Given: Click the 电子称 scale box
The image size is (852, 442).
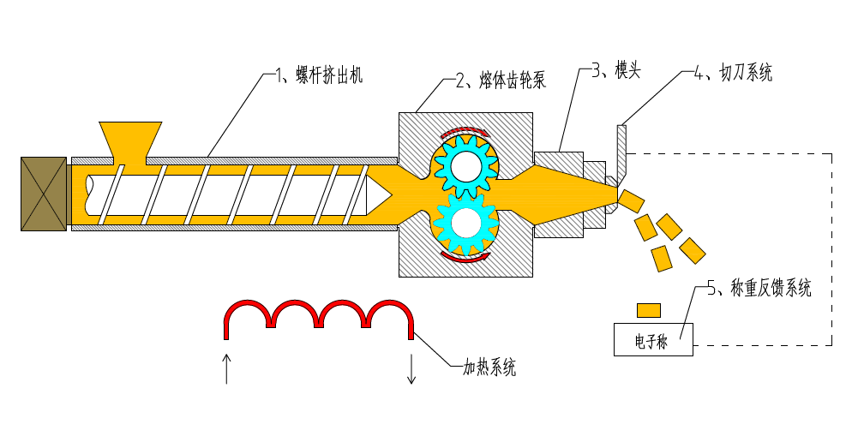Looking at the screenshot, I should point(653,340).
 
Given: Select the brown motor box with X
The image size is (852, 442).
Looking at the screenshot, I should point(43,194).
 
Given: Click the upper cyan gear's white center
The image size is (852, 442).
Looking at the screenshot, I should point(465,165).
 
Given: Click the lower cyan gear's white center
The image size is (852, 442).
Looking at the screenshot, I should point(466,223).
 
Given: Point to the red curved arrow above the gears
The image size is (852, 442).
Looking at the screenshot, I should point(464,131).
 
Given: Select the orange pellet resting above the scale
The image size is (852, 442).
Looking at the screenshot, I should point(648,308).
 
